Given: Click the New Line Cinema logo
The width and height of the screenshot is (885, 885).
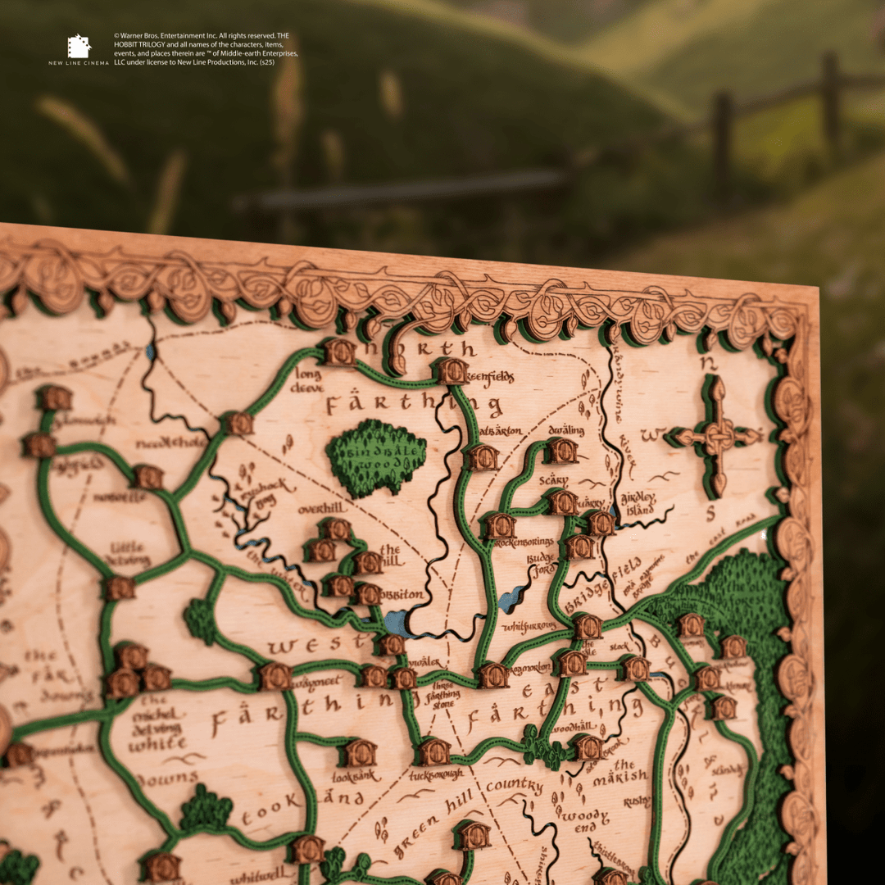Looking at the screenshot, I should pyautogui.click(x=79, y=48).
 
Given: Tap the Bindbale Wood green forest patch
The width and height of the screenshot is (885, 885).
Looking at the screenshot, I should pyautogui.click(x=377, y=457).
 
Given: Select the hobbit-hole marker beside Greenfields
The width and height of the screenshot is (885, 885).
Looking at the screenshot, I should pyautogui.click(x=452, y=371).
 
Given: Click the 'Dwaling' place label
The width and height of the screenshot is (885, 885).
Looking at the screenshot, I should pyautogui.click(x=566, y=429).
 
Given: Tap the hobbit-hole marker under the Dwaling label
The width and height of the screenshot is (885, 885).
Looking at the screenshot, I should pyautogui.click(x=561, y=450).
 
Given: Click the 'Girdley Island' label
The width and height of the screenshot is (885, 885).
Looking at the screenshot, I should pyautogui.click(x=638, y=501).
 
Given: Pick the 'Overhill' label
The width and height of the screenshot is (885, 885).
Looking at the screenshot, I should pyautogui.click(x=322, y=508).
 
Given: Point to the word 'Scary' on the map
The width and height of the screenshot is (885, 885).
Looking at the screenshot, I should pyautogui.click(x=554, y=480).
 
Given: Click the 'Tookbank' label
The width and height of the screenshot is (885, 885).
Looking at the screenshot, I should pyautogui.click(x=356, y=775).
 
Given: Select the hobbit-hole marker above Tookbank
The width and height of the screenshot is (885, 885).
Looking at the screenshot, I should pyautogui.click(x=360, y=752).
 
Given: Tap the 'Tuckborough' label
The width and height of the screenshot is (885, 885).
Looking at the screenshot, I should pyautogui.click(x=436, y=774).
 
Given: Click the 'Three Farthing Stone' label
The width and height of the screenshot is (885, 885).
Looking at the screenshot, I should pyautogui.click(x=442, y=694).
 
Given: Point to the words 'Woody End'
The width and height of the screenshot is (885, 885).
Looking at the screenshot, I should pyautogui.click(x=585, y=821).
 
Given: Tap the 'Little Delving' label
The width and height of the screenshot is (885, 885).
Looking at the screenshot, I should pyautogui.click(x=128, y=554).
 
